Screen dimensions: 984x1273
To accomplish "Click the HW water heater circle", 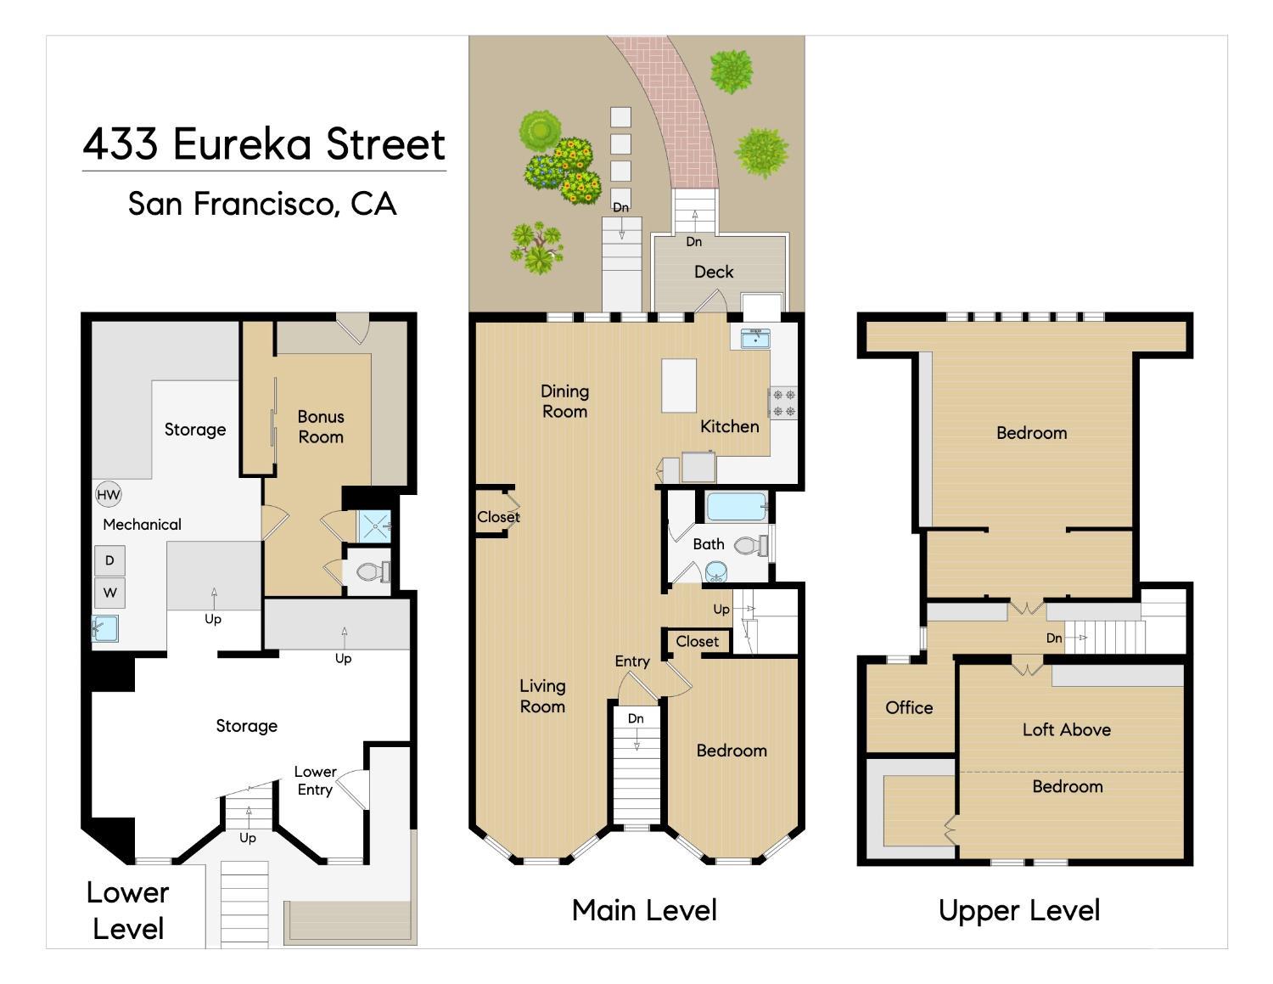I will tap(109, 495).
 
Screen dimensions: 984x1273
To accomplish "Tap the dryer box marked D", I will tap(109, 560).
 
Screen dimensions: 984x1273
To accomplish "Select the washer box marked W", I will tap(109, 593).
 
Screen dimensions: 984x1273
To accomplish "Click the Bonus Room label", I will tap(321, 427).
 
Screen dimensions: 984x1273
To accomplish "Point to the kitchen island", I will tap(679, 385).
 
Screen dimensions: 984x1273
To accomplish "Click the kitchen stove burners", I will tap(782, 402).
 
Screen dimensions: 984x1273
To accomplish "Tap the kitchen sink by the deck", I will tap(754, 339).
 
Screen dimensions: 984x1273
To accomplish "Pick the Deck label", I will tap(714, 272).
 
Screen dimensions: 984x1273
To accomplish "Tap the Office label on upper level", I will tap(909, 707).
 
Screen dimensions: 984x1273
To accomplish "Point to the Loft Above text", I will tap(1066, 729).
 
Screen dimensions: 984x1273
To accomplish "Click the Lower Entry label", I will tap(315, 780).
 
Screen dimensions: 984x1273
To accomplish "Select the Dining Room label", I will tap(564, 402).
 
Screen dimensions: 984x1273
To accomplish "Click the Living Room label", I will tap(542, 696).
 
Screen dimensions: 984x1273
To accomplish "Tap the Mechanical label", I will tap(142, 525).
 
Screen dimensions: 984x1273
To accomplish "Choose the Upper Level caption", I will tap(1018, 910).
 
